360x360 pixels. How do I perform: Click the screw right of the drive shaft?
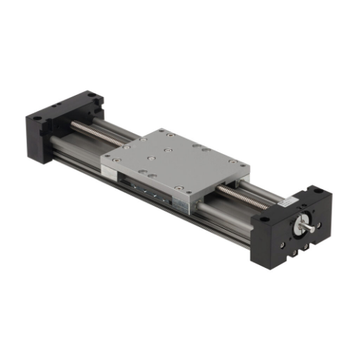tap(318, 223)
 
